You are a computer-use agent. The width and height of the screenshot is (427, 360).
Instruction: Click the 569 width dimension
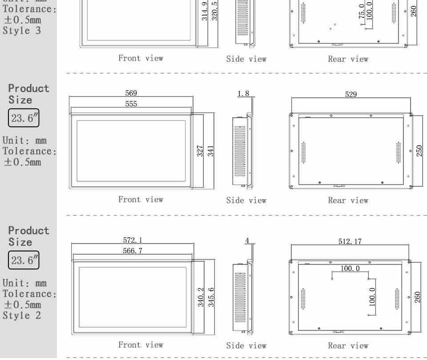pos(131,93)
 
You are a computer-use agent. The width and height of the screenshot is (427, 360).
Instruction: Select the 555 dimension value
pos(131,104)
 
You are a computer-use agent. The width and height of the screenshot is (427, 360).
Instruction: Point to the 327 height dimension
pos(200,151)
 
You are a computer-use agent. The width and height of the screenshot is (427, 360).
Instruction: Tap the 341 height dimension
pos(211,151)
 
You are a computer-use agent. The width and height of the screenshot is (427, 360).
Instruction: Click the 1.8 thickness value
pos(243,94)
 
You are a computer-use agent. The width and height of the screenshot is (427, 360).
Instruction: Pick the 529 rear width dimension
pos(351,94)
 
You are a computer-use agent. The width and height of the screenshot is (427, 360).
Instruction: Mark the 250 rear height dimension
pos(419,151)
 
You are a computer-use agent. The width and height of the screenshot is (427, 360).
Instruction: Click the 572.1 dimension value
pos(133,240)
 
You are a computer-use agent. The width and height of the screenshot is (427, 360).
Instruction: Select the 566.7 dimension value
pos(133,251)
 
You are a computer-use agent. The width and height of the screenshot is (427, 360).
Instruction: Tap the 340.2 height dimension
pos(201,297)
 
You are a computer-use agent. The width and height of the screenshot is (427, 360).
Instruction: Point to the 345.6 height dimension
pos(211,297)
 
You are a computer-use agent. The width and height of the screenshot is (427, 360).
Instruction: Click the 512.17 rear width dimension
pos(350,241)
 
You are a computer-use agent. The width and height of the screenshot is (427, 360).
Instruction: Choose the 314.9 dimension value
pos(205,11)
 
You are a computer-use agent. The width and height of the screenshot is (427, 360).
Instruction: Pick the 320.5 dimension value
pos(215,11)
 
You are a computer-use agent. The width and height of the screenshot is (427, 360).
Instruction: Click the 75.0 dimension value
pos(362,12)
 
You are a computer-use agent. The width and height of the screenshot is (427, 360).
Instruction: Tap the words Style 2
pos(22,316)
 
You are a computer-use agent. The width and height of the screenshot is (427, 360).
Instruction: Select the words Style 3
pos(22,31)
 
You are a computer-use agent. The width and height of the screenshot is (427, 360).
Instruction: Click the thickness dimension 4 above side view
pos(247,241)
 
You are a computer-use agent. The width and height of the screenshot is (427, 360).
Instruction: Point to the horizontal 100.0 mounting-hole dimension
pos(350,268)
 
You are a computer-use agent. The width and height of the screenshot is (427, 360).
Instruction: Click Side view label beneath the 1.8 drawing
pos(246,200)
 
